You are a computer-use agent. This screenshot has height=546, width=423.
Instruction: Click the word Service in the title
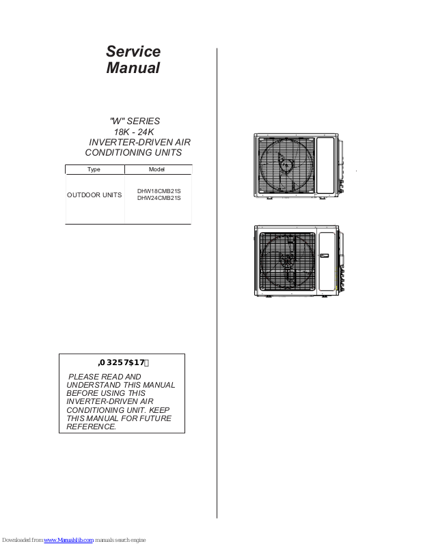coord(133,52)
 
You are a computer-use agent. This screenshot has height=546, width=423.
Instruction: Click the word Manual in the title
coord(133,68)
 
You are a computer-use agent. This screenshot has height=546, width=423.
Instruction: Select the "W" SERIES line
coord(135,121)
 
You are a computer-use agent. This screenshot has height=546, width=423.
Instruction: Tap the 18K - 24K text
coord(136,132)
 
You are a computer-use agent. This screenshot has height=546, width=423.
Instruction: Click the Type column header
coord(94,169)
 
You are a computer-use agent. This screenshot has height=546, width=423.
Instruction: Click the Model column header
coord(156,169)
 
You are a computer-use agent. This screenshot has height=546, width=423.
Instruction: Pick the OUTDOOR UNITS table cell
coord(94,195)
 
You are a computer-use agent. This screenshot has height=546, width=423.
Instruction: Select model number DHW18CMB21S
coord(159,191)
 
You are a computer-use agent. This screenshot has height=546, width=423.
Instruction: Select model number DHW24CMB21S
coord(159,199)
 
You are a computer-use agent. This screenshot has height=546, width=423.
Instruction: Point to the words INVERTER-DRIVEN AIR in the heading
coord(140,142)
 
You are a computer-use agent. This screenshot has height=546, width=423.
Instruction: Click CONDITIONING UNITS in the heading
coord(133,152)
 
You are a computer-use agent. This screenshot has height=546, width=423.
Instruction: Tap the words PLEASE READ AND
coord(105,377)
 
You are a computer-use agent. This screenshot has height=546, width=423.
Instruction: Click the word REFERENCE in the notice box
coord(92,427)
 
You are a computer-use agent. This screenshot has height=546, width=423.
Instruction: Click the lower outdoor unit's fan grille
coord(286,262)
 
